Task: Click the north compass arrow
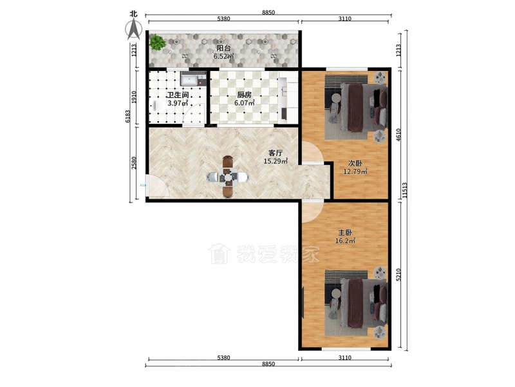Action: [x=134, y=29]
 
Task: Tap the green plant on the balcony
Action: [x=157, y=42]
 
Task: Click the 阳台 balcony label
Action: [x=223, y=48]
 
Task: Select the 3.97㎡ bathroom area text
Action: [x=178, y=103]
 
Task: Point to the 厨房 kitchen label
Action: [x=245, y=95]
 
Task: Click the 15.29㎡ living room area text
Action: [x=276, y=161]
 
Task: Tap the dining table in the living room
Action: [x=228, y=177]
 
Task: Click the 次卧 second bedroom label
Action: [x=355, y=163]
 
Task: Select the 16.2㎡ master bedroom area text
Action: [x=345, y=241]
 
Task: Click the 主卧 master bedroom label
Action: [x=345, y=233]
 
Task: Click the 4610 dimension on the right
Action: [x=398, y=135]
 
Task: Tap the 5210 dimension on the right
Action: [x=398, y=275]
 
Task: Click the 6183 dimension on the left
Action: [x=128, y=116]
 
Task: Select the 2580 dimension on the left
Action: [x=134, y=163]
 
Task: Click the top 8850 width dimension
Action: [x=268, y=13]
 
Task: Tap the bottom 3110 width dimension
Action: [x=345, y=358]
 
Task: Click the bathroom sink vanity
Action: [x=192, y=79]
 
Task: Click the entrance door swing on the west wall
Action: [x=157, y=186]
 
